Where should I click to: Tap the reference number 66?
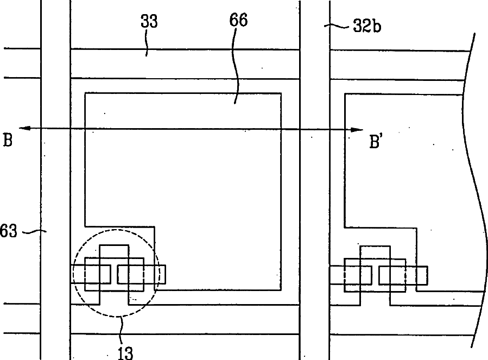pos(238,21)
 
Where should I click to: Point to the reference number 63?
pos(9,232)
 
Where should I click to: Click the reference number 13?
pos(125,351)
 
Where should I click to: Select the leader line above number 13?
pos(123,329)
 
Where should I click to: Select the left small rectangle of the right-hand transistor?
pos(357,275)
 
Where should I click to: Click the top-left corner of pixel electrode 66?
pos(86,93)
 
